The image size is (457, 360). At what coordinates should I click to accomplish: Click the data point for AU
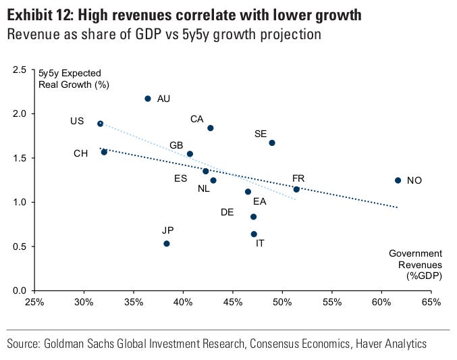[148, 99]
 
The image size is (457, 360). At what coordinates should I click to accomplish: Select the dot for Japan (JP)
[167, 244]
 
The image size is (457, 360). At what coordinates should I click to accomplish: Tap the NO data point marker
[398, 180]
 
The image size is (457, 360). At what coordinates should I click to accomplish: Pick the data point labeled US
[101, 124]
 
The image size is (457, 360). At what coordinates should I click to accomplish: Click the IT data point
[254, 234]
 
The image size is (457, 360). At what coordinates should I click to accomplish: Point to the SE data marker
[272, 143]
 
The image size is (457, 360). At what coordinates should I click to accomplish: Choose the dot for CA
[211, 128]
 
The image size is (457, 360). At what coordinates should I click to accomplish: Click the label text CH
[81, 154]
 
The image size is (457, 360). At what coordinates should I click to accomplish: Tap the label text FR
[298, 178]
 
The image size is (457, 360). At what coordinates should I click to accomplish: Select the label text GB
[177, 145]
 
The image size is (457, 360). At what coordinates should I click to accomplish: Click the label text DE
[228, 213]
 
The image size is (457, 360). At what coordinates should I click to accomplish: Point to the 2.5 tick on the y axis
[20, 70]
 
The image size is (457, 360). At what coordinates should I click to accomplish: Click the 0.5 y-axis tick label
[20, 247]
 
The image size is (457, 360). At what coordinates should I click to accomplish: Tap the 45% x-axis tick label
[233, 301]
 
